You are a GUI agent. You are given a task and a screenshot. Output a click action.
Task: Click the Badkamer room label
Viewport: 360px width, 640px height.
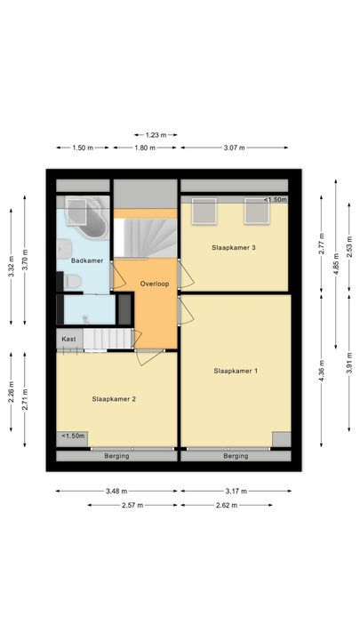88,260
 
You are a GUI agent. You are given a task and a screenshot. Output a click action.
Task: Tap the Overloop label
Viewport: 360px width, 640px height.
155,284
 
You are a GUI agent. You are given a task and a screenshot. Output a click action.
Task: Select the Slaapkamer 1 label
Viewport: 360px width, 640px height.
236,370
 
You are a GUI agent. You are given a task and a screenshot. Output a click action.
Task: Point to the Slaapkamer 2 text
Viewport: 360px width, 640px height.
114,399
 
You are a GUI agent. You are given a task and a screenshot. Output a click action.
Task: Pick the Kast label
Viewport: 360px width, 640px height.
68,339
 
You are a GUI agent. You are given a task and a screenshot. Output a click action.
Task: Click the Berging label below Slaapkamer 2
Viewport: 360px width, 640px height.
116,456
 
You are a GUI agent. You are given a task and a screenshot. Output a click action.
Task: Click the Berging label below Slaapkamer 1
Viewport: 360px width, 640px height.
236,456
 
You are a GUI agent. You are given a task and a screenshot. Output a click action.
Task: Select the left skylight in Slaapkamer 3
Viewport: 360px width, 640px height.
205,212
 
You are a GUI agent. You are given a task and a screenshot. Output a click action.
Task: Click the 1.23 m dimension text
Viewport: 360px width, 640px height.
156,134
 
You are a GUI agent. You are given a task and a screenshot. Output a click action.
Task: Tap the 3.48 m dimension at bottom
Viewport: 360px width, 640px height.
116,491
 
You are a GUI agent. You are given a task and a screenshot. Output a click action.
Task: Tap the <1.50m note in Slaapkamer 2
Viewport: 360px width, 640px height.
73,436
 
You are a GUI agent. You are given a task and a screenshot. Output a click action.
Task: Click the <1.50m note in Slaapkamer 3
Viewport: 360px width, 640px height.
275,200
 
